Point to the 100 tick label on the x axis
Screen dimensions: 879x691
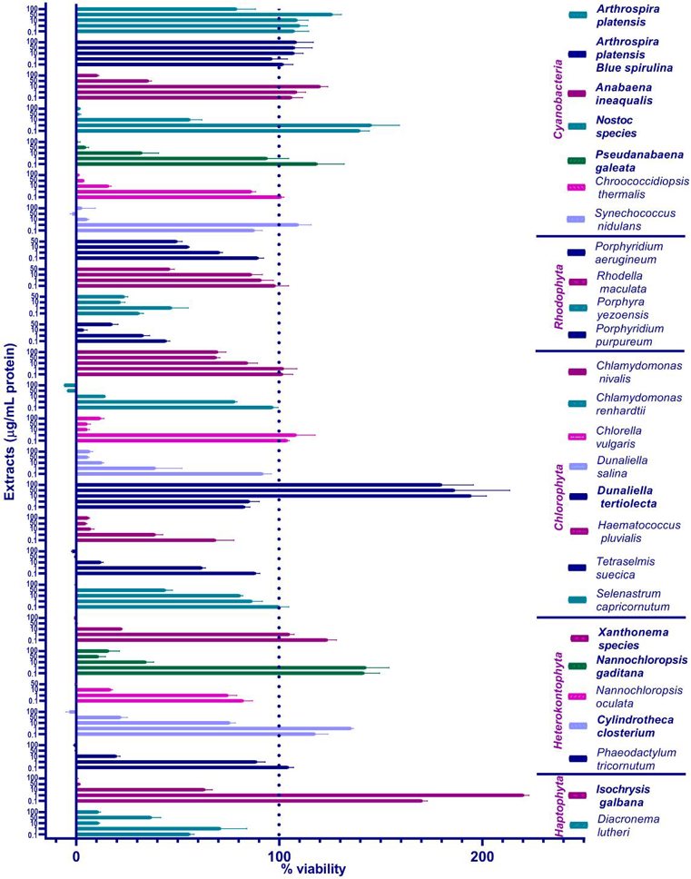(x=279, y=854)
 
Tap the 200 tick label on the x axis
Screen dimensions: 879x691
(x=481, y=854)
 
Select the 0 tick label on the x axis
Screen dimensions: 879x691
(x=76, y=854)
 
